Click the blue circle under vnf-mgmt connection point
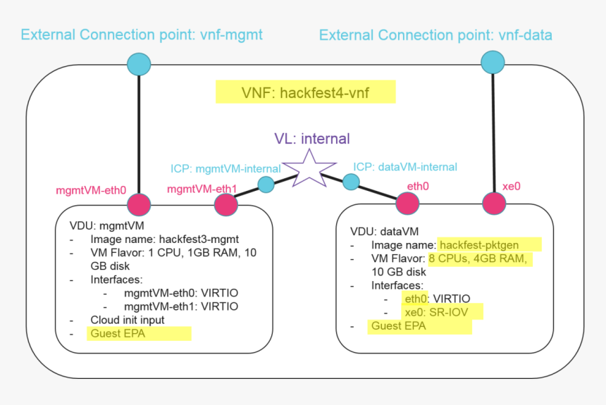(138, 64)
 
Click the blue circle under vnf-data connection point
(493, 63)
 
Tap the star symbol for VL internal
(308, 168)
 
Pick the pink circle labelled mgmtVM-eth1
(225, 205)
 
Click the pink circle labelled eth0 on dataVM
(407, 204)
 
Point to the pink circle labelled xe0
(494, 204)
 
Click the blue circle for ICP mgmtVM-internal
(266, 185)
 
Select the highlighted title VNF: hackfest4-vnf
(305, 92)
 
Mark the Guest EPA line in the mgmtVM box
(118, 333)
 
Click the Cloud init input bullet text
(127, 320)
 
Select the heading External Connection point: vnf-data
(435, 35)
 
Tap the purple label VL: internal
(312, 138)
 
